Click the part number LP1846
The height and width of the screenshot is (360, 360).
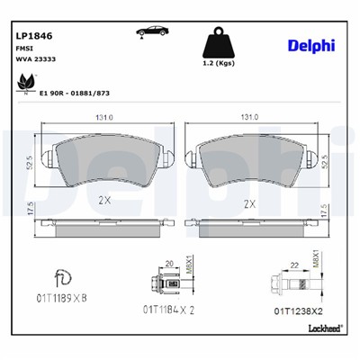click(x=32, y=36)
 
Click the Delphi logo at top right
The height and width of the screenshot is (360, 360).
click(x=311, y=45)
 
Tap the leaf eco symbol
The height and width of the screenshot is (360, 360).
click(x=21, y=83)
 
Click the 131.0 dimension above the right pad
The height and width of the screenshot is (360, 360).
click(x=249, y=118)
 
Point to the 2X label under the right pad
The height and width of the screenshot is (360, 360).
click(x=250, y=204)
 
